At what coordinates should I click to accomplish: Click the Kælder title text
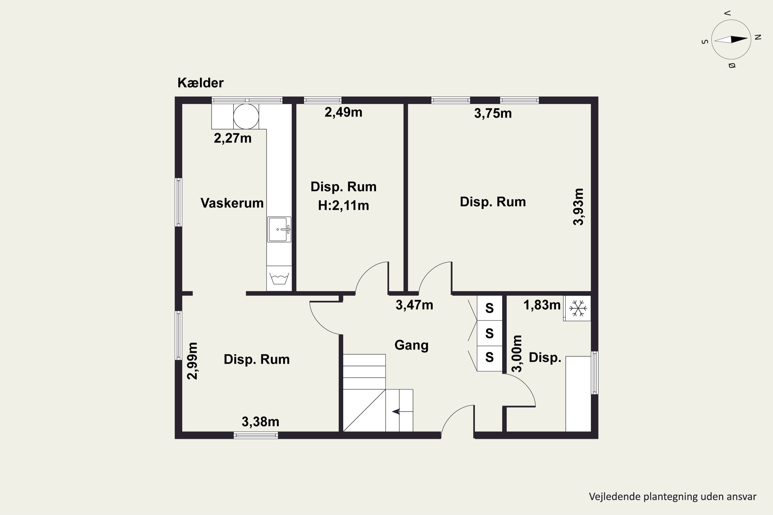point(200,83)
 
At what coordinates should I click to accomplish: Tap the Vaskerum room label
point(232,203)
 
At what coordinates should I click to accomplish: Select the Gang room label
point(411,346)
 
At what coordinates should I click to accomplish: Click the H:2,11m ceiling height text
point(343,205)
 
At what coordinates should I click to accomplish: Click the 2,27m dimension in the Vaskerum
point(233,138)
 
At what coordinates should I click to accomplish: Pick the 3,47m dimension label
point(414,305)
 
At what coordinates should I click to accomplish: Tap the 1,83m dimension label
point(542,305)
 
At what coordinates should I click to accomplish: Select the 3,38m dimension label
point(261,422)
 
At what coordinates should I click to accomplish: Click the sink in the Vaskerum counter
point(279,229)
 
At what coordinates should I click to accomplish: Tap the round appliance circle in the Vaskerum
point(246,116)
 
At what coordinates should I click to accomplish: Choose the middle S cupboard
point(489,333)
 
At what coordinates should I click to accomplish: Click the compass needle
point(731,39)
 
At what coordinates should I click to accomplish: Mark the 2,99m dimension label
point(192,361)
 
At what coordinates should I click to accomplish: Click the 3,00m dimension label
point(517,354)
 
